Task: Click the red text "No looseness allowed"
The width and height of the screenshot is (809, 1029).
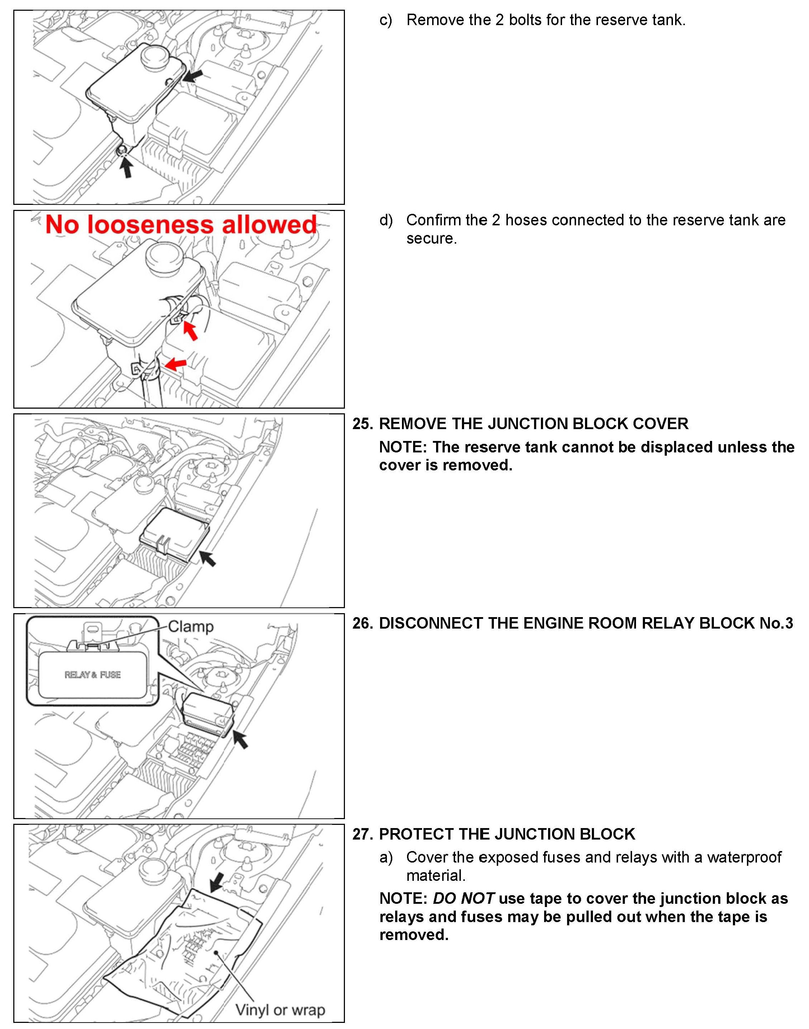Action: pos(181,225)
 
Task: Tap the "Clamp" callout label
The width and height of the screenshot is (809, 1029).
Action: pos(191,626)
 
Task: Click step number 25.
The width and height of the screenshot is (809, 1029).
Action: pos(363,423)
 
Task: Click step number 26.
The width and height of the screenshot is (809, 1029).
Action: pos(363,623)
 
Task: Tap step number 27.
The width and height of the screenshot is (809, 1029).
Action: pos(363,834)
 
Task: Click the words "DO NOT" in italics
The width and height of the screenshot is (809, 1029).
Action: pos(464,898)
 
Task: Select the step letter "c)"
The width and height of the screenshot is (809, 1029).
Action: pos(385,20)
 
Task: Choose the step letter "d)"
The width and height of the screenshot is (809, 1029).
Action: pos(385,220)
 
